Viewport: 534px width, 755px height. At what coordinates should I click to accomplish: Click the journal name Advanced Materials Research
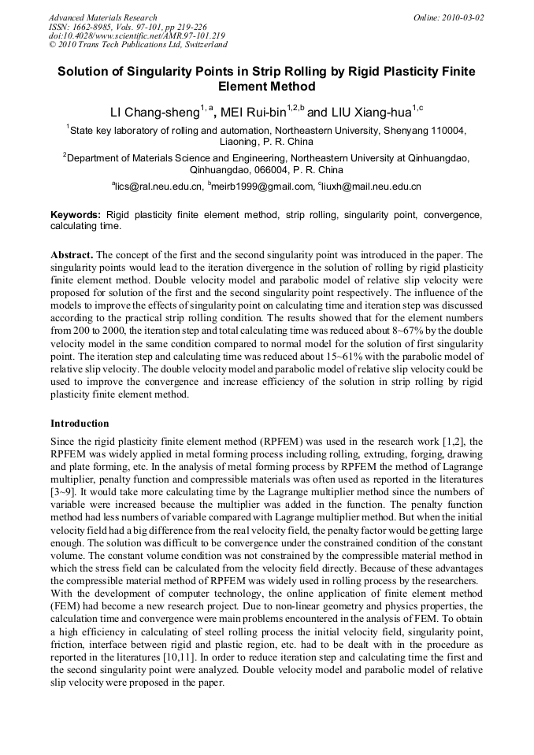102,17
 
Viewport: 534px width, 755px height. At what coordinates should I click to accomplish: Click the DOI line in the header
136,36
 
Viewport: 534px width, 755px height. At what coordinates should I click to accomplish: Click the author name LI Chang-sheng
154,111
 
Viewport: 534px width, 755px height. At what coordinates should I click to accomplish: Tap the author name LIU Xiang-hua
365,111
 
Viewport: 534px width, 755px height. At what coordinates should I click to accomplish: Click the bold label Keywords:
76,215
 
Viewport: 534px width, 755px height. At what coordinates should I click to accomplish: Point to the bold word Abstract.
72,256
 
